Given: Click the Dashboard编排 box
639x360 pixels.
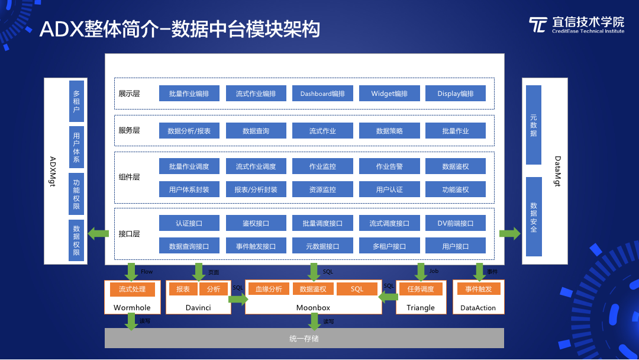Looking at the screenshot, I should coord(322,94).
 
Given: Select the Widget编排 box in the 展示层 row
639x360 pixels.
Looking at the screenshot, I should coord(389,94).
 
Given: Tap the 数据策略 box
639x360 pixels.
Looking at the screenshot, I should coord(389,131).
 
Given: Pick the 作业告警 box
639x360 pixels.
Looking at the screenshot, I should coord(389,166).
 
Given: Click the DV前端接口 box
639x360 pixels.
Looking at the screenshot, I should coord(456,223).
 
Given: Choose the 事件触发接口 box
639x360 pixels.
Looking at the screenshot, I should coord(256,246).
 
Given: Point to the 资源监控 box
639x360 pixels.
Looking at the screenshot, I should coord(322,189).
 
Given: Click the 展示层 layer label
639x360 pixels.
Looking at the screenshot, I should coord(129,94).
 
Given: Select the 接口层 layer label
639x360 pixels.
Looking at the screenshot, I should coord(129,234).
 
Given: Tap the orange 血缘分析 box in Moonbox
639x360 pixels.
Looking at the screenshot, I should coord(269,289).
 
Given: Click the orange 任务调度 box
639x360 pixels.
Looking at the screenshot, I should coord(421,289).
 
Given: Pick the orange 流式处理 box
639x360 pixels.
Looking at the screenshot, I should coord(132,289).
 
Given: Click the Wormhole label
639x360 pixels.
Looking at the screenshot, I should coord(132,307).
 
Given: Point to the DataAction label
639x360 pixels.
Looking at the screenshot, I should coord(478,308).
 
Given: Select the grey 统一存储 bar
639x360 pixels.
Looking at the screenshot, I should coord(304,339).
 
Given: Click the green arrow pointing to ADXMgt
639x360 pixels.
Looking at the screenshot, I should coord(98,234).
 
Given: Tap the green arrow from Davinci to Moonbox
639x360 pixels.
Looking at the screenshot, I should coord(237,300).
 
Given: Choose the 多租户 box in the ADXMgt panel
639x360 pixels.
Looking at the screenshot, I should coord(76,101).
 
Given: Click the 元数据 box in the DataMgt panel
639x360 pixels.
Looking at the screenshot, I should coord(534,126).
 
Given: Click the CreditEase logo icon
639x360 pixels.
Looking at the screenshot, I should coord(538,25).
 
